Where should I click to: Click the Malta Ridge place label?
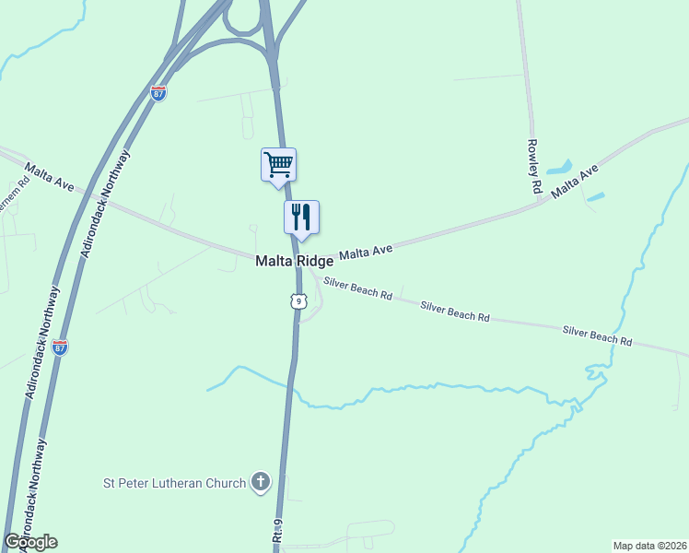point(294,262)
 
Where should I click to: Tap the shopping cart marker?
point(278,166)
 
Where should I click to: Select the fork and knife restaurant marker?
point(300,218)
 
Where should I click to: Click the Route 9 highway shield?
point(297,301)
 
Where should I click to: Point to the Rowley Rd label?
point(533,165)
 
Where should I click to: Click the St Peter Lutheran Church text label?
point(174,483)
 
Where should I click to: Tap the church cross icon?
point(261,482)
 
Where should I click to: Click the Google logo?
point(30,542)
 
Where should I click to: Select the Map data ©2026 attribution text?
point(649,546)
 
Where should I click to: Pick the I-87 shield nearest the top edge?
point(158,93)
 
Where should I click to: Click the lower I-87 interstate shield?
point(60,347)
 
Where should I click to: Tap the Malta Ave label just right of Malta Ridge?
point(366,251)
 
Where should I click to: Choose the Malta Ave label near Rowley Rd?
point(575,181)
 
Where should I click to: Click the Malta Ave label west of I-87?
point(50,178)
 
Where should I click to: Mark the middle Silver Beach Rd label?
point(455,311)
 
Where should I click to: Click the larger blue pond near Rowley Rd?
point(559,169)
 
